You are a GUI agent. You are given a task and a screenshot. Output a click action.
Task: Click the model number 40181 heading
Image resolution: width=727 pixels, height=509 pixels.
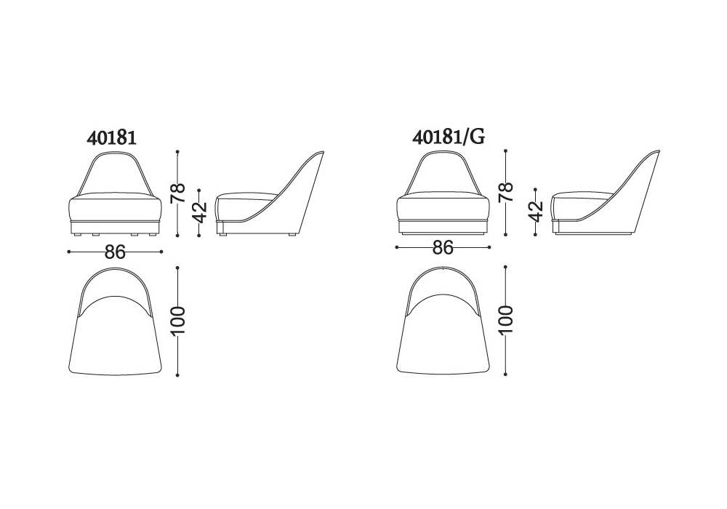coord(111,137)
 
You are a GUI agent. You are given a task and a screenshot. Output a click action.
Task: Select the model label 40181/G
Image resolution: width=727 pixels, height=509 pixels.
coord(449,137)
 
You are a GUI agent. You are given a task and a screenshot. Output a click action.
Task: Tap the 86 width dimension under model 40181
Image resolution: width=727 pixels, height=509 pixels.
coord(115,252)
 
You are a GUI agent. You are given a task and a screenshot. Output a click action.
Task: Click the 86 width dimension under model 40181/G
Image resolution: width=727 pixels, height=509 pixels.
coord(443,247)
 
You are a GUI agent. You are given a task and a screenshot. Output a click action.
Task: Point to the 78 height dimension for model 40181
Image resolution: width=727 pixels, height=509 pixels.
coord(177,193)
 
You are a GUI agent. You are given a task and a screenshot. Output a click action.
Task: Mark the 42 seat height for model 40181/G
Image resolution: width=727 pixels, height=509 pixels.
coord(536,212)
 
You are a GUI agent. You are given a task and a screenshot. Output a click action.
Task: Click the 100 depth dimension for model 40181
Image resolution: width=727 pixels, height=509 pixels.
coord(177,321)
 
